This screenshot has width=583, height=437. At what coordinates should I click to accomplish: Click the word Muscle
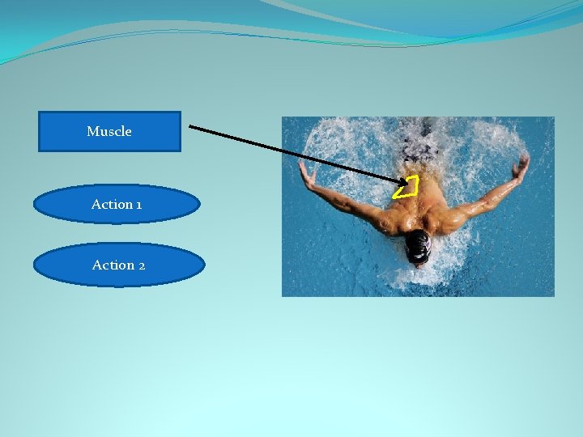[x=109, y=131]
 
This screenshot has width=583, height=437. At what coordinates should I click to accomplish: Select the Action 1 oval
[x=117, y=205]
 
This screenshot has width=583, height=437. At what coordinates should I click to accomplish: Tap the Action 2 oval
[x=119, y=265]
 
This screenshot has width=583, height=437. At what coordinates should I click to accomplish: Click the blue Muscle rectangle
[x=109, y=132]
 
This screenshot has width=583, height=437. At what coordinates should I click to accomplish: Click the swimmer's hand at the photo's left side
[x=306, y=172]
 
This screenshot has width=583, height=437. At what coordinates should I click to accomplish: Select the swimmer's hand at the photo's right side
[x=520, y=168]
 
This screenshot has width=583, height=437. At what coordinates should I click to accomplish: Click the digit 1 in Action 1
[x=139, y=205]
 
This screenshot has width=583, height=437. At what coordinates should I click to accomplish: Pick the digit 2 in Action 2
[x=142, y=265]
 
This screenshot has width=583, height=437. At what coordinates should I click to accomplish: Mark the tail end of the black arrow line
[x=190, y=126]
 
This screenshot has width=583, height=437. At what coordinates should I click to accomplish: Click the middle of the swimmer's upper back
[x=421, y=206]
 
